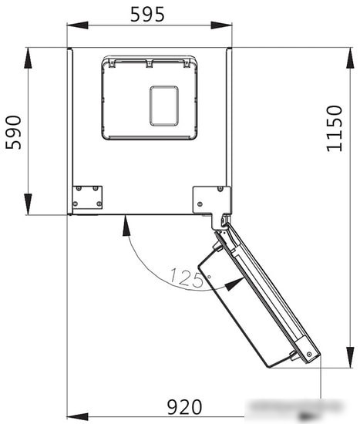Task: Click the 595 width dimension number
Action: pos(147,15)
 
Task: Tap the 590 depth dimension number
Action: pos(14,133)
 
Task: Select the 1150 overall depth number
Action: pos(335,129)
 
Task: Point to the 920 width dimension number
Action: pos(184,407)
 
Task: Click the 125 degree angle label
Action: pos(187,278)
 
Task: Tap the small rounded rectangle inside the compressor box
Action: pos(164,106)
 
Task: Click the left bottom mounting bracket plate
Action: pos(87,197)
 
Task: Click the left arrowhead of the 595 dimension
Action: pos(77,25)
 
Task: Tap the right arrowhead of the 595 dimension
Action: pos(221,25)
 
